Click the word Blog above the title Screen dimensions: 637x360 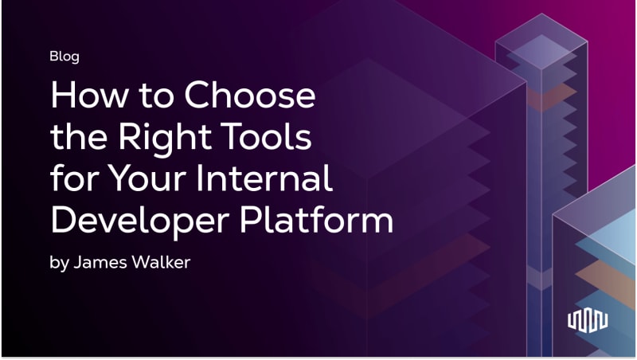tap(64, 57)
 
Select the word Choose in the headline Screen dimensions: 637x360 tap(250, 95)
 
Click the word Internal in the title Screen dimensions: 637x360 tap(264, 178)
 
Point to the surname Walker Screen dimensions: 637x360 tap(162, 262)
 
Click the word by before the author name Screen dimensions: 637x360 tap(59, 264)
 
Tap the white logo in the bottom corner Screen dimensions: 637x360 tap(588, 321)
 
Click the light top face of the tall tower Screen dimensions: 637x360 tap(541, 41)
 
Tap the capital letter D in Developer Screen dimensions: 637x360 tap(65, 220)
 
